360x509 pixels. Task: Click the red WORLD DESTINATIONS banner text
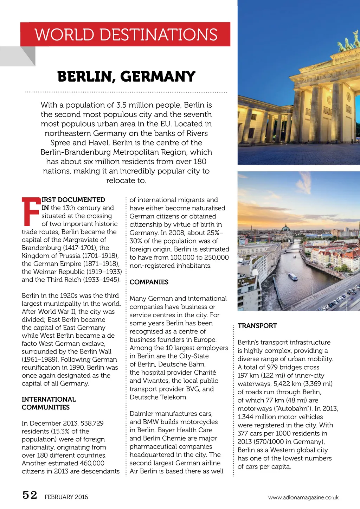(x=126, y=34)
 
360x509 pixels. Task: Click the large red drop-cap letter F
(x=31, y=212)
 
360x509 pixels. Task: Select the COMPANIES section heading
(x=149, y=282)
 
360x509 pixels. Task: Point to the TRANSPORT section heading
(x=257, y=326)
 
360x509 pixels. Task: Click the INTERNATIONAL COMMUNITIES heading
(x=49, y=403)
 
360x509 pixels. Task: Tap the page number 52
(x=30, y=495)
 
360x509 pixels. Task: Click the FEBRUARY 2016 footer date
(x=66, y=497)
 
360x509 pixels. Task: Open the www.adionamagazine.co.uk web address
(x=303, y=497)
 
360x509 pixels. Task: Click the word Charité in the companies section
(x=205, y=373)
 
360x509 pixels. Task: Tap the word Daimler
(x=142, y=414)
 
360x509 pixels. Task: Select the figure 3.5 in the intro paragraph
(x=121, y=105)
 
